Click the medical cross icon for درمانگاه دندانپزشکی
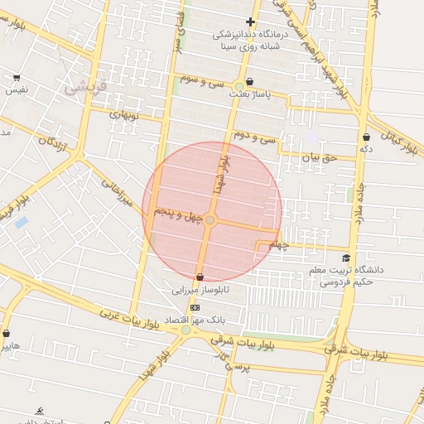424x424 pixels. pyautogui.click(x=250, y=22)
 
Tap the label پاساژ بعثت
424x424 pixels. pyautogui.click(x=254, y=95)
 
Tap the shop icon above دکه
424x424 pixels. pyautogui.click(x=366, y=137)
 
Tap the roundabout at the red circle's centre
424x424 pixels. pyautogui.click(x=210, y=219)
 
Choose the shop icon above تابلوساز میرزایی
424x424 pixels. pyautogui.click(x=200, y=277)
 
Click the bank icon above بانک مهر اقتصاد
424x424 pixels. pyautogui.click(x=195, y=307)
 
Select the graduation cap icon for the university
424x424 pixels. pyautogui.click(x=346, y=258)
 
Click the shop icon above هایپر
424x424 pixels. pyautogui.click(x=7, y=332)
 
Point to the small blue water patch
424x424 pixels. pyautogui.click(x=22, y=222)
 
